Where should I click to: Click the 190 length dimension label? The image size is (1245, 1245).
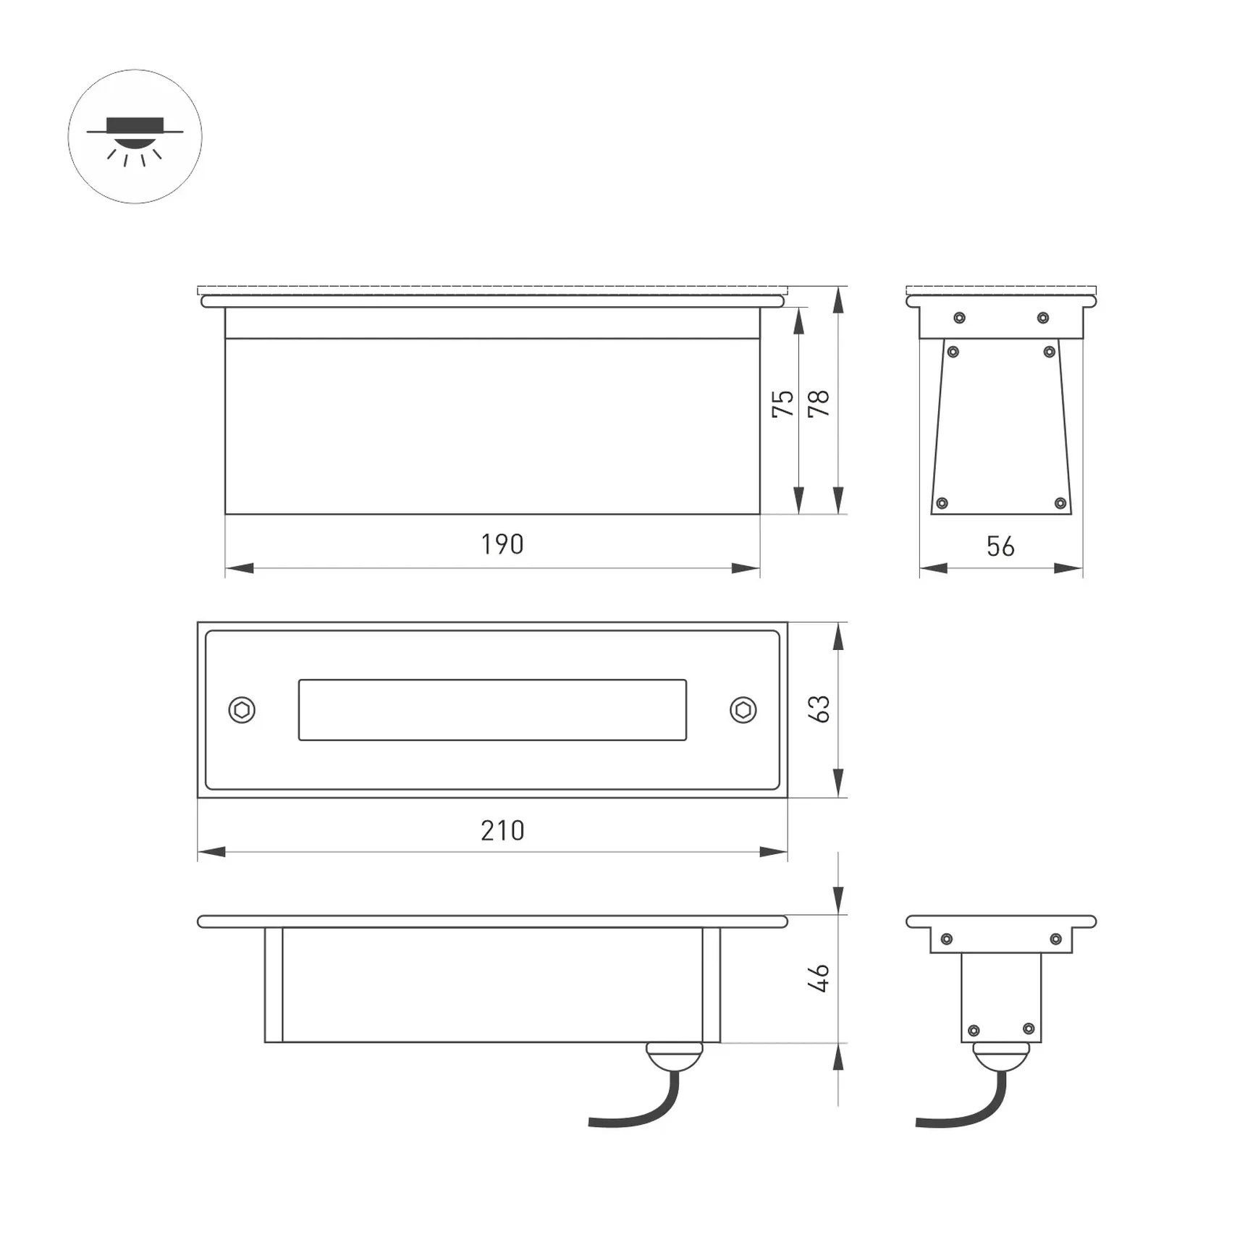[x=502, y=544]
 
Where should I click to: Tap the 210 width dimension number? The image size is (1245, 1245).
[x=502, y=830]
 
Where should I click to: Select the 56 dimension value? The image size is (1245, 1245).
[x=1000, y=546]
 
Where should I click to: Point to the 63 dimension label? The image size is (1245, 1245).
[x=819, y=709]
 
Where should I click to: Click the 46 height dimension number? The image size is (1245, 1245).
[x=819, y=978]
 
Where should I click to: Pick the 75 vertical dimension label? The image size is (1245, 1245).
[x=782, y=403]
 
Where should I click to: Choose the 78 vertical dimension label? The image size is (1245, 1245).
[x=819, y=403]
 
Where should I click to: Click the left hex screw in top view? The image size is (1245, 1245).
[x=242, y=709]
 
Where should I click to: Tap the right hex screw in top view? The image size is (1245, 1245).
[x=743, y=709]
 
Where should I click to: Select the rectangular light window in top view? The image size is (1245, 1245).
[x=492, y=709]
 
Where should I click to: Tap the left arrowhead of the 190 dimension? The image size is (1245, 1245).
[x=240, y=568]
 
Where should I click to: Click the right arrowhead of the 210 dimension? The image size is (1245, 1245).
[x=773, y=852]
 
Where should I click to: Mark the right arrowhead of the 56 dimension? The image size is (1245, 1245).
[x=1068, y=568]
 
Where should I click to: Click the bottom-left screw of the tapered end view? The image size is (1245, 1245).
[x=942, y=503]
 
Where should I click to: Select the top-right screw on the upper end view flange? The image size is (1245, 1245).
[x=1043, y=318]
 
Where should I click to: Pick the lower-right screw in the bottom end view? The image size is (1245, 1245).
[x=1029, y=1029]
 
